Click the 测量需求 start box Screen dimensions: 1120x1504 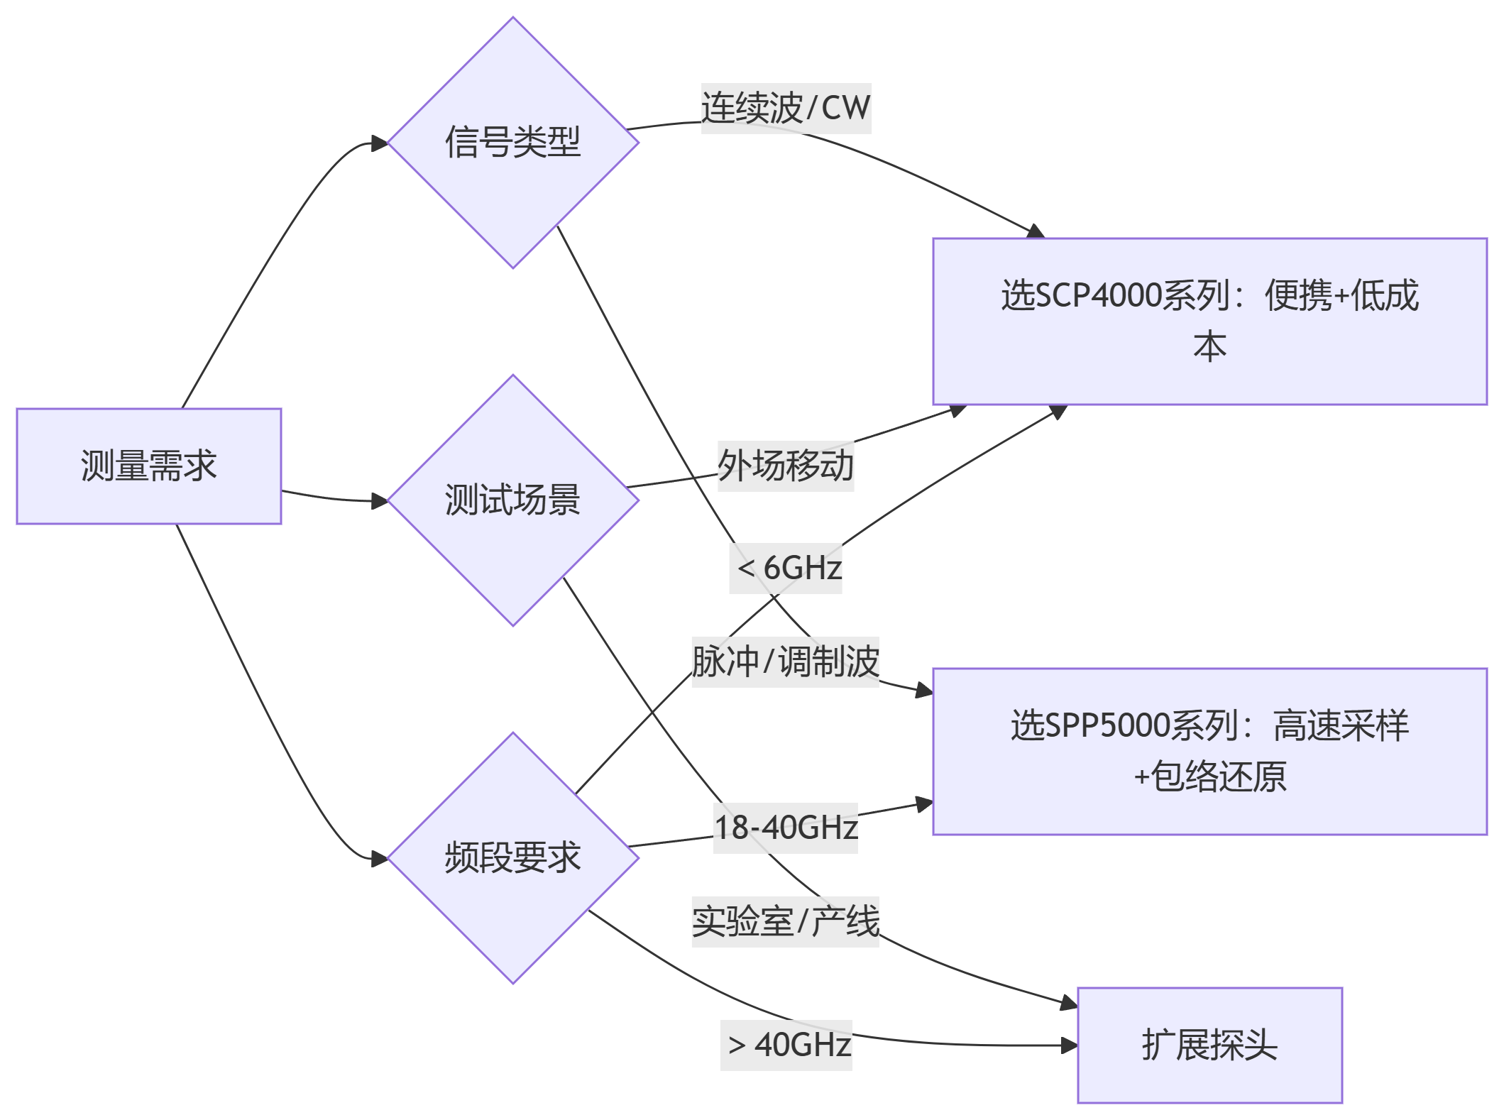149,466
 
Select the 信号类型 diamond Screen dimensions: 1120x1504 512,142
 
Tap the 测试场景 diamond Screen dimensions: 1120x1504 512,500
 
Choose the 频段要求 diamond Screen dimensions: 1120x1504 512,857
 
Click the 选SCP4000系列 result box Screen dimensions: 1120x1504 1209,321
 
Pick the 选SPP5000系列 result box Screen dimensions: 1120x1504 1209,751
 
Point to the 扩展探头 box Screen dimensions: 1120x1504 1209,1045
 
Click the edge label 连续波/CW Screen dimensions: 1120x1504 786,109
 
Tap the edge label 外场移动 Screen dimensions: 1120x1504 786,466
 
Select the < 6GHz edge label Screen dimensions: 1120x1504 786,569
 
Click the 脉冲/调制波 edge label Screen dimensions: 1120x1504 786,662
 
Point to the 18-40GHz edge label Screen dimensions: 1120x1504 786,828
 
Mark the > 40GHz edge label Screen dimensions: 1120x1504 786,1045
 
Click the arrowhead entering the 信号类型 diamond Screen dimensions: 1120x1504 380,143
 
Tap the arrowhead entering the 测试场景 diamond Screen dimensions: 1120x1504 380,501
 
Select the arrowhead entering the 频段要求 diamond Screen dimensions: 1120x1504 380,859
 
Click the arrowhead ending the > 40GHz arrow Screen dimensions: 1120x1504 1069,1045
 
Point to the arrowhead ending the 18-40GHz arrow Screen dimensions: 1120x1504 924,803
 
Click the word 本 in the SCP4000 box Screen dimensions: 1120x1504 1209,347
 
